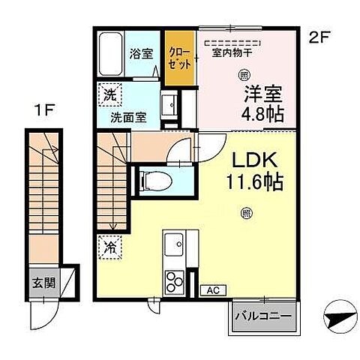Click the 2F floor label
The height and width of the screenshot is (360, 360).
(320, 37)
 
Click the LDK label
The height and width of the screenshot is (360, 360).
(251, 160)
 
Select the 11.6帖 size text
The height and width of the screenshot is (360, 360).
(252, 182)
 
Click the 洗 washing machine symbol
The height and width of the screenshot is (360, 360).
(107, 96)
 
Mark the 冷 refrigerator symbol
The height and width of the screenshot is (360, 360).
(107, 245)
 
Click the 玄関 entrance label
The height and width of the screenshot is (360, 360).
(43, 283)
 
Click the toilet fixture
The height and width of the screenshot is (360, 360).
(153, 179)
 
